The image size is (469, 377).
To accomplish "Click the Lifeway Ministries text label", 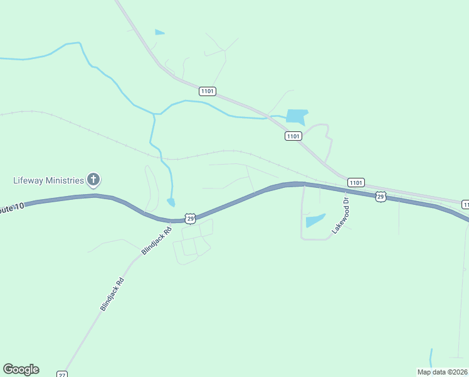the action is (x=48, y=180).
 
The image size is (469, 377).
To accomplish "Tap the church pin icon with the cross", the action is (x=93, y=180).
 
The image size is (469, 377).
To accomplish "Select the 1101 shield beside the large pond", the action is (x=293, y=136).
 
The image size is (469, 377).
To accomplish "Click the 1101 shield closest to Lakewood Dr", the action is (x=356, y=182).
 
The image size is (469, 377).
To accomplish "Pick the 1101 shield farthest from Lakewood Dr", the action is (x=208, y=91).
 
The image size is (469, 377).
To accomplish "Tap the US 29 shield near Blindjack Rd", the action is (x=191, y=218).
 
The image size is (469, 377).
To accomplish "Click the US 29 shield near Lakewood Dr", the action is (x=381, y=197).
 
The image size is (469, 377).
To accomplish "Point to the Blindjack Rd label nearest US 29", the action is (x=157, y=241).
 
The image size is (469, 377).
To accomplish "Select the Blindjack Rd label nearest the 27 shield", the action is (x=113, y=295).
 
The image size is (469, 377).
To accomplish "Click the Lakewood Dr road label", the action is (x=339, y=216).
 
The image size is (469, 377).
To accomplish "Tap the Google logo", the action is (x=21, y=369).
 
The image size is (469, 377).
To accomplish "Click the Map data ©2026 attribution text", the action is (x=442, y=372).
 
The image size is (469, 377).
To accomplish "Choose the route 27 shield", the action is (x=61, y=374).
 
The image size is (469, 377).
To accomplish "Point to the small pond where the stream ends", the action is (x=171, y=202).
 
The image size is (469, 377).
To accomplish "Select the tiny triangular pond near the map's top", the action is (x=159, y=32).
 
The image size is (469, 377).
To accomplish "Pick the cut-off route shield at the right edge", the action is (x=465, y=204).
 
